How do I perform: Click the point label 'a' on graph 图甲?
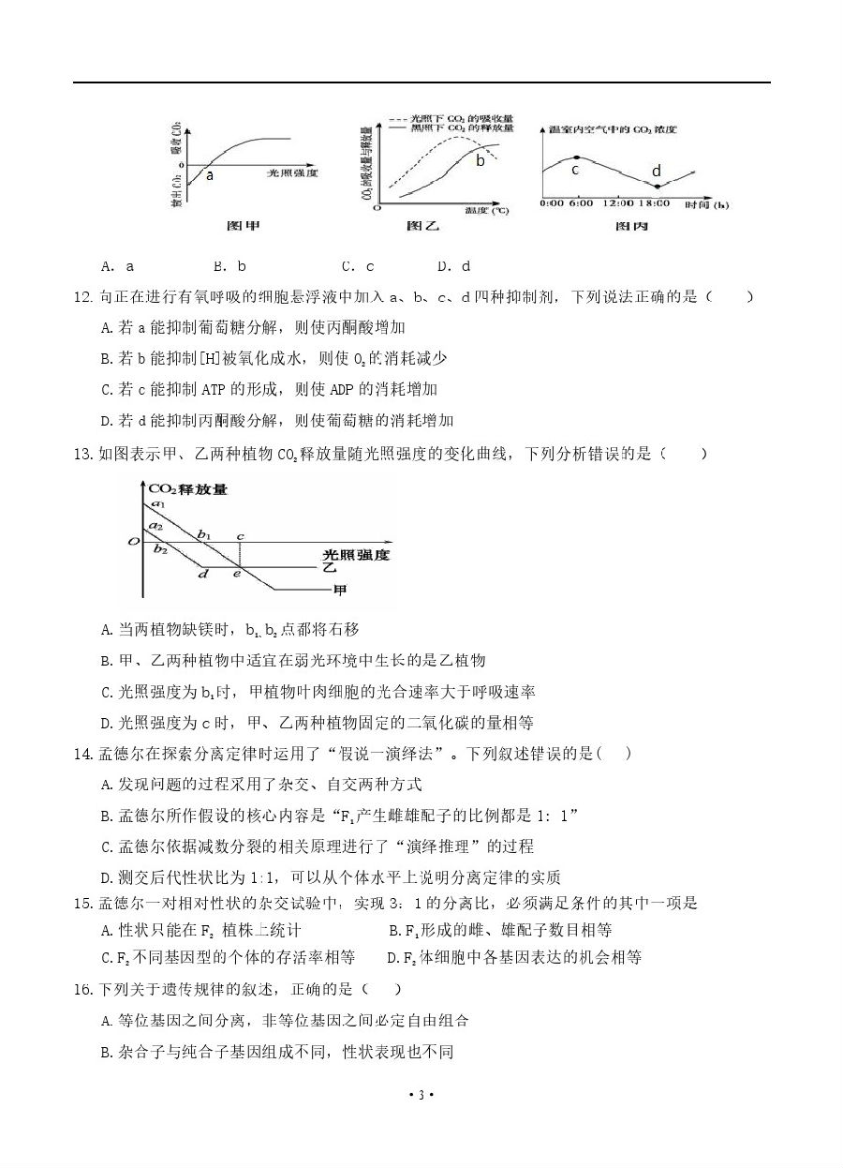coord(209,175)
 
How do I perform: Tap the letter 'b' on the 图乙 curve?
coord(481,160)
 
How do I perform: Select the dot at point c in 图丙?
coord(575,157)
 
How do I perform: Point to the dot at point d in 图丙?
coord(657,187)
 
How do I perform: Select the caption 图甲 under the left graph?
coord(244,226)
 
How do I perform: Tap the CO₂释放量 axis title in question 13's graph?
coord(188,487)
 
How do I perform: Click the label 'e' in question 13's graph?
coord(236,573)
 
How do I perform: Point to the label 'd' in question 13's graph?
coord(202,573)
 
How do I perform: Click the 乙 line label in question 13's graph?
coord(329,566)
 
